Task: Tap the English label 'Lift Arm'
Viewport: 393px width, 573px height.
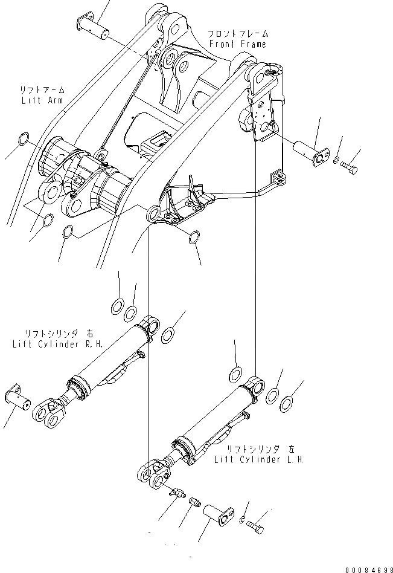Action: (x=40, y=100)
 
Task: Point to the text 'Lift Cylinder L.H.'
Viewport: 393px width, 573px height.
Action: (x=259, y=459)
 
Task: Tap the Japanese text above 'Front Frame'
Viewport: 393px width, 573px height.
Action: (x=238, y=34)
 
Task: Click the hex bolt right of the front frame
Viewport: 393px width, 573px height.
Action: (x=349, y=165)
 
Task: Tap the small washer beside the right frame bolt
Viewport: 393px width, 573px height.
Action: (x=336, y=160)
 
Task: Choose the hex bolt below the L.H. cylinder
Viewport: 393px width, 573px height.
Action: (x=257, y=527)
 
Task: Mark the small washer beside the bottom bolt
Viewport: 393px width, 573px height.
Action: (x=242, y=520)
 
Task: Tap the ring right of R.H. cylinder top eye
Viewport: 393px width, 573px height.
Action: (x=170, y=334)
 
